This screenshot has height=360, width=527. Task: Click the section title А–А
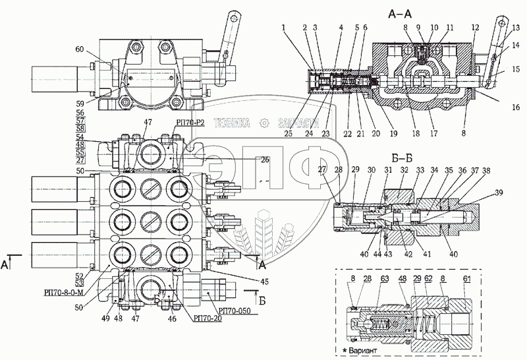[x=401, y=13]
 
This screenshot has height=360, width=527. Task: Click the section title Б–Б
[x=401, y=158]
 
